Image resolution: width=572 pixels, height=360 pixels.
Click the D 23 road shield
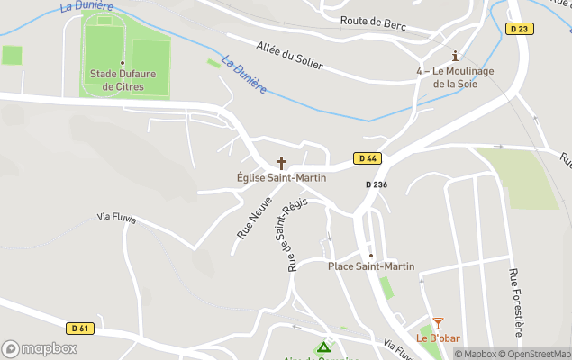518,29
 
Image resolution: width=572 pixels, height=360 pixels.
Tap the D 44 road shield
365,158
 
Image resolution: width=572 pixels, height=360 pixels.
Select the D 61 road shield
80,328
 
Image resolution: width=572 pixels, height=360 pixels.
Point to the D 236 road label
377,184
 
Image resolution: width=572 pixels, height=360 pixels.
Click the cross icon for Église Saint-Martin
281,163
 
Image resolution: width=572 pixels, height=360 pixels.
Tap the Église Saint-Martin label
281,178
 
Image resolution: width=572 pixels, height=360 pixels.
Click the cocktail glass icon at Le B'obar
438,323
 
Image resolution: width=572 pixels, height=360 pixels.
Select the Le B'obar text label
438,338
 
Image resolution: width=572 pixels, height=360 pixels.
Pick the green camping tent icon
323,346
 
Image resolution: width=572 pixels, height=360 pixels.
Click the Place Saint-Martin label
371,266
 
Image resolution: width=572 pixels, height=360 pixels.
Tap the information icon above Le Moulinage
455,56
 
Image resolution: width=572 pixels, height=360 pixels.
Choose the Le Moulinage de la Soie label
454,77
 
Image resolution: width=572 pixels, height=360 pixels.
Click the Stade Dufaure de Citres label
123,80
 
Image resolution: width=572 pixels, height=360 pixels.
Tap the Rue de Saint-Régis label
291,233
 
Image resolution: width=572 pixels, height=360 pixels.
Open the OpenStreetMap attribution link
535,354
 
